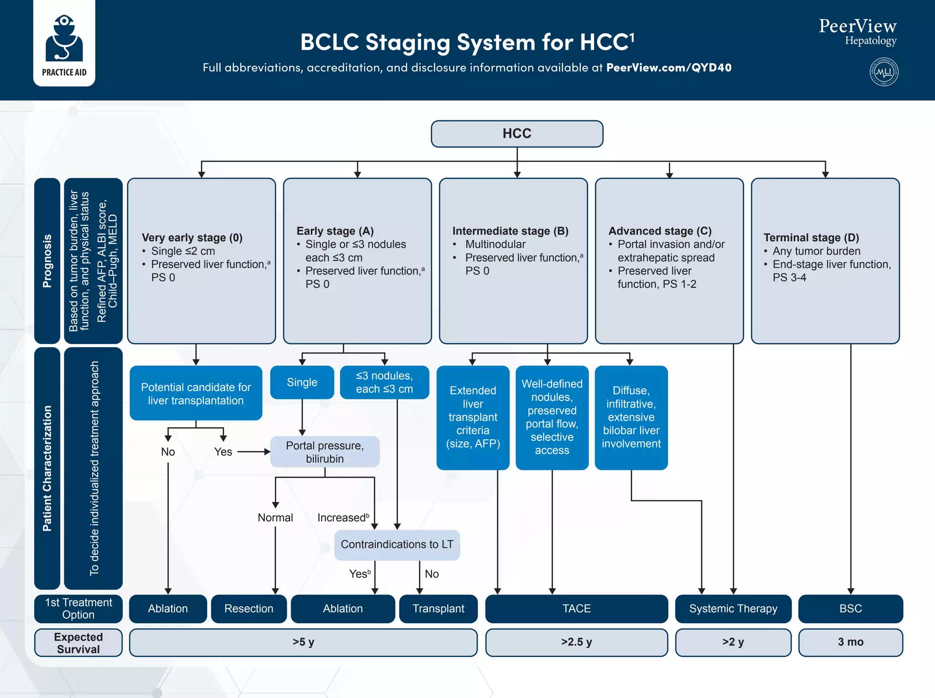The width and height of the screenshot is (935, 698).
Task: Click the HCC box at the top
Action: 517,134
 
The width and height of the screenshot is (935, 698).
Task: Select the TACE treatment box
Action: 576,609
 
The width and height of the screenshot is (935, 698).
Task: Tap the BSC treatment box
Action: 850,609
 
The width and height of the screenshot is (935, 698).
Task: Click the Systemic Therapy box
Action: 733,609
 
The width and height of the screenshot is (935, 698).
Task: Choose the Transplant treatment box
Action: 438,609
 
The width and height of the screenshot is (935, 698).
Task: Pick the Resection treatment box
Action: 249,609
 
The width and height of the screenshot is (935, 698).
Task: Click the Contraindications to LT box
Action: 397,545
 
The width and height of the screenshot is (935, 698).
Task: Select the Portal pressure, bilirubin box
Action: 325,452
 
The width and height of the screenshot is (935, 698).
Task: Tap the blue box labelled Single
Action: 302,382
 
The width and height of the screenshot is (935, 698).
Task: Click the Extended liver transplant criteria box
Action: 473,417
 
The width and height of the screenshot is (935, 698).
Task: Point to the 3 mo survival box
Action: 850,642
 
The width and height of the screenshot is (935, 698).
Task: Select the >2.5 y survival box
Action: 576,642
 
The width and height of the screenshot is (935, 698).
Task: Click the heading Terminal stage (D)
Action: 811,238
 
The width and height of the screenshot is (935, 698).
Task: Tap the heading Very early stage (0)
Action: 192,238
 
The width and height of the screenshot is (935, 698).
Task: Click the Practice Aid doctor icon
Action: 64,39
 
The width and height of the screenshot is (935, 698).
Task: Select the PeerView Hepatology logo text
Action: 857,32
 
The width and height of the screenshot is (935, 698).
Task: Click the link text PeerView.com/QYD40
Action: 668,68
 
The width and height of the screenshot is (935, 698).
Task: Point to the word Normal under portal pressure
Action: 275,518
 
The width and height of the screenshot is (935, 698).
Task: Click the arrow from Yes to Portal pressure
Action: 253,452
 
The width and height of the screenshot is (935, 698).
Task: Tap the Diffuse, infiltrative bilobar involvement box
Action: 631,417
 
